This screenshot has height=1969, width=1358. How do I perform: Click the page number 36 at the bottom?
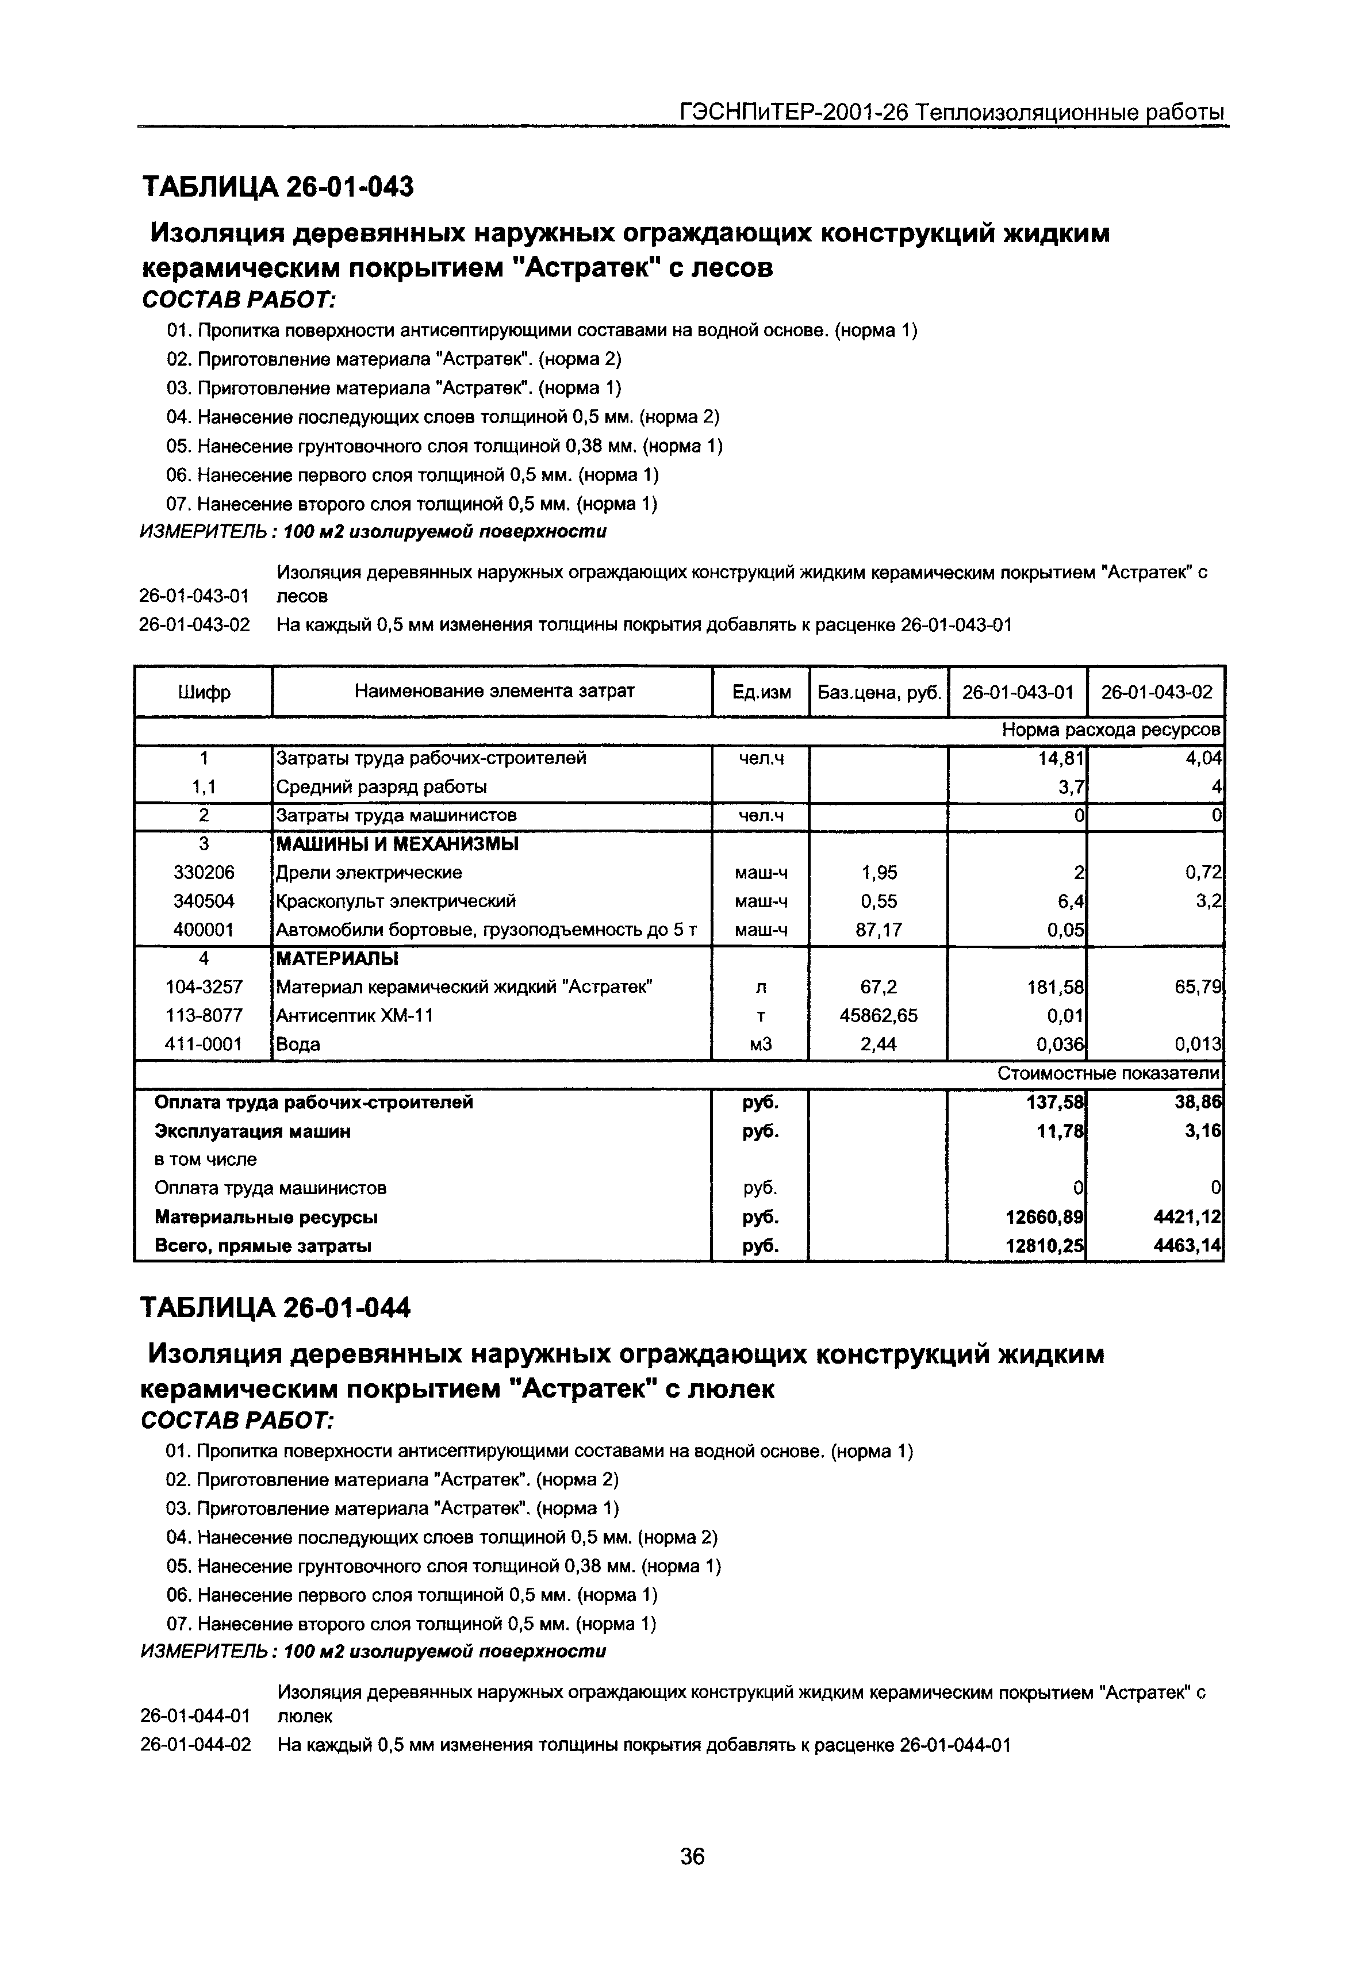(693, 1856)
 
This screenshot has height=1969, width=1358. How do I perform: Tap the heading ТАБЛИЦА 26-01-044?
(276, 1307)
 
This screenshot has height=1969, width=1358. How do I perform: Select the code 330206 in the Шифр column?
(204, 872)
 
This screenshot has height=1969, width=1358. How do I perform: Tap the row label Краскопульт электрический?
(396, 901)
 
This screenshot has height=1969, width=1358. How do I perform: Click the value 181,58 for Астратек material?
(1056, 987)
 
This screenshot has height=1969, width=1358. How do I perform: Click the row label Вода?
(298, 1044)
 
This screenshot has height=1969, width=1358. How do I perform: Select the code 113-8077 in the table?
(204, 1015)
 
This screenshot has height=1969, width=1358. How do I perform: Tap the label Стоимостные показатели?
(1108, 1074)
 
